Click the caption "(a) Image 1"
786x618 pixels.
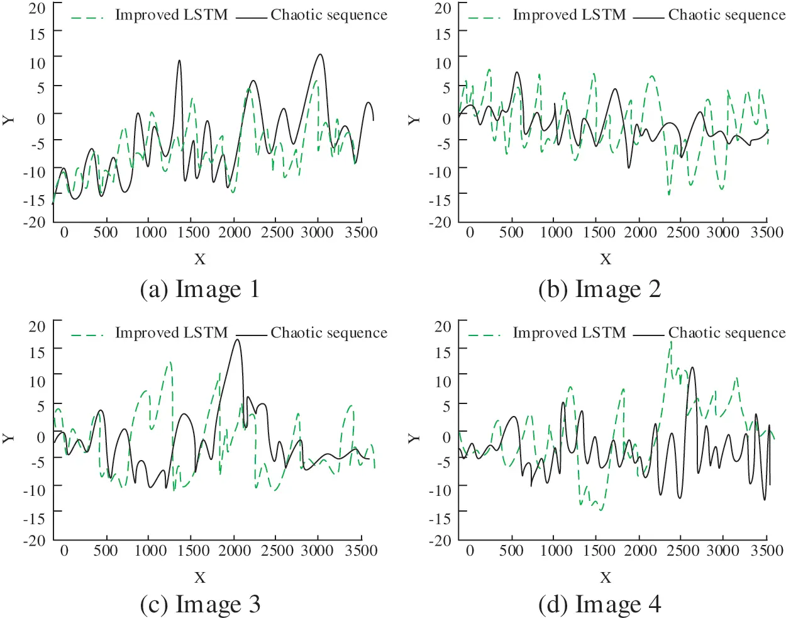click(199, 289)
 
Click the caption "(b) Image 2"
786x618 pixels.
click(599, 289)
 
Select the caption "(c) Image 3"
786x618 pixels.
click(199, 604)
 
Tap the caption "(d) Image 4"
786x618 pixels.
click(599, 604)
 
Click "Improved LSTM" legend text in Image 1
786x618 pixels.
click(171, 14)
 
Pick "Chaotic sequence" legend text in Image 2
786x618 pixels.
click(726, 14)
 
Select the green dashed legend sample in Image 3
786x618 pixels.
click(87, 335)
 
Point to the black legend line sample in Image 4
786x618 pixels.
click(648, 335)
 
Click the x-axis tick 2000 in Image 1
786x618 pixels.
click(235, 232)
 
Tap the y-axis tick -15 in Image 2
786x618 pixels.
click(442, 200)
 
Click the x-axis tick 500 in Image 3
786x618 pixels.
click(106, 550)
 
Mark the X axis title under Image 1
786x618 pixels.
click(200, 259)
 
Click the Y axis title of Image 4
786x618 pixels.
click(413, 437)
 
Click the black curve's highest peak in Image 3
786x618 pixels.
click(237, 340)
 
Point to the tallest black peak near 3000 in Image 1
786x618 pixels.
click(320, 55)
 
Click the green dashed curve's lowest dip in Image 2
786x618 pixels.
click(668, 194)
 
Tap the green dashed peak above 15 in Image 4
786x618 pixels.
click(671, 342)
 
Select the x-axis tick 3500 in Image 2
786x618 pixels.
click(767, 232)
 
